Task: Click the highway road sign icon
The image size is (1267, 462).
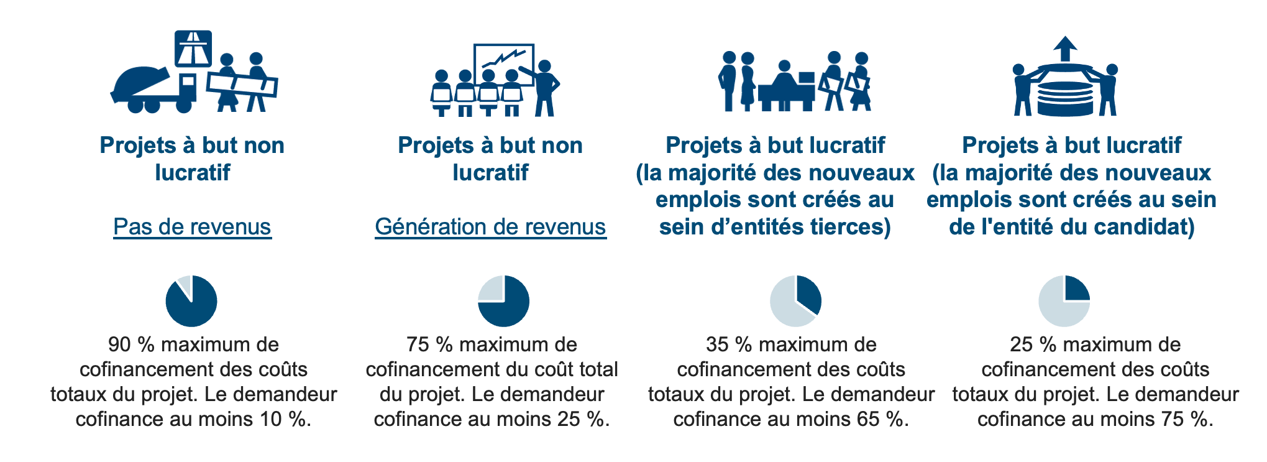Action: (x=193, y=49)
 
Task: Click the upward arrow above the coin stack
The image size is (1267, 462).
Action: (x=1065, y=48)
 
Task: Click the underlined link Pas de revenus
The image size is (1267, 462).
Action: (x=192, y=227)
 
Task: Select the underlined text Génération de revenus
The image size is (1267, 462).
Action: (x=490, y=227)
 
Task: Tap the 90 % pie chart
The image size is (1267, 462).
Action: (x=191, y=301)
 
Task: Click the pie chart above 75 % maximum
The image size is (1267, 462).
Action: (x=503, y=301)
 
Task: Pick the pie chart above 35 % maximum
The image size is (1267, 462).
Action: (x=795, y=301)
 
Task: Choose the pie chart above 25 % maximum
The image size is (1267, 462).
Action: (x=1064, y=301)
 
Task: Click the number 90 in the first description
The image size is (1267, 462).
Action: (x=120, y=344)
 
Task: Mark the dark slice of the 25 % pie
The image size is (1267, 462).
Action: (x=1076, y=289)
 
